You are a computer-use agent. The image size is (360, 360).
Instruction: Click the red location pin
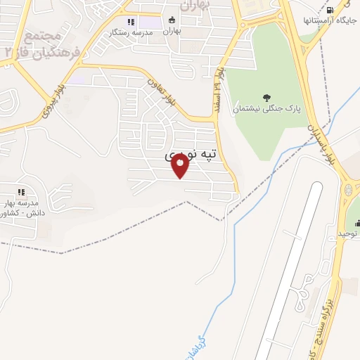tap(181, 165)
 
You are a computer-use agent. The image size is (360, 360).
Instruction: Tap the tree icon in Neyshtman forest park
tap(266, 98)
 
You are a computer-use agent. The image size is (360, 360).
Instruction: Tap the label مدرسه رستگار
tap(127, 32)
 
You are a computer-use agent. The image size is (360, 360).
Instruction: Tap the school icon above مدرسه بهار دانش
tap(21, 191)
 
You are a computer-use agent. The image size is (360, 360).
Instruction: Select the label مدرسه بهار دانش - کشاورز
tap(21, 207)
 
